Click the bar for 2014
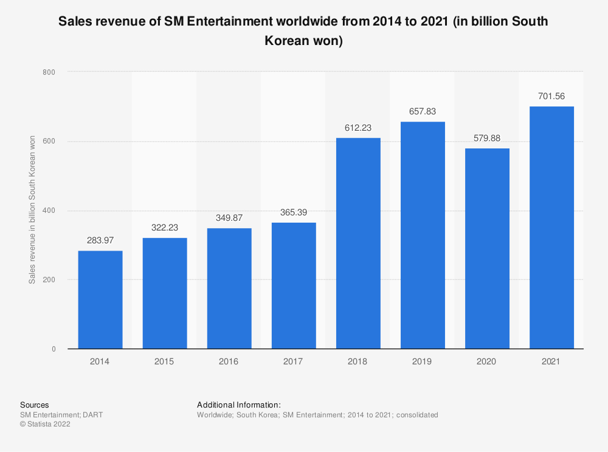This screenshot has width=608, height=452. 100,300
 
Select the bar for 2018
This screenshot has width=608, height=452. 358,243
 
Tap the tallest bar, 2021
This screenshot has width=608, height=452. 551,228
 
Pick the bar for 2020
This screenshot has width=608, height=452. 487,249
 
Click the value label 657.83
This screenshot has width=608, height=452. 423,112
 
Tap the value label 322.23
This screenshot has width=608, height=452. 165,228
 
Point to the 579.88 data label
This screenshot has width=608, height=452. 487,138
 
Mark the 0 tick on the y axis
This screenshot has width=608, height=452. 54,349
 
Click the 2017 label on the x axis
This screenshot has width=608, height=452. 294,361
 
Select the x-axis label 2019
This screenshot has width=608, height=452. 423,361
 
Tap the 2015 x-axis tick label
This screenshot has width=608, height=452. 165,361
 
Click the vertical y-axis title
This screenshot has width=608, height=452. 32,210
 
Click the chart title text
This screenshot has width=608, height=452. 303,32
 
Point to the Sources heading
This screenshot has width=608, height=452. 35,405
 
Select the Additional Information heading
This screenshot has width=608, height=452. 239,405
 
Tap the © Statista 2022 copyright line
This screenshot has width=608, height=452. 45,425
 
